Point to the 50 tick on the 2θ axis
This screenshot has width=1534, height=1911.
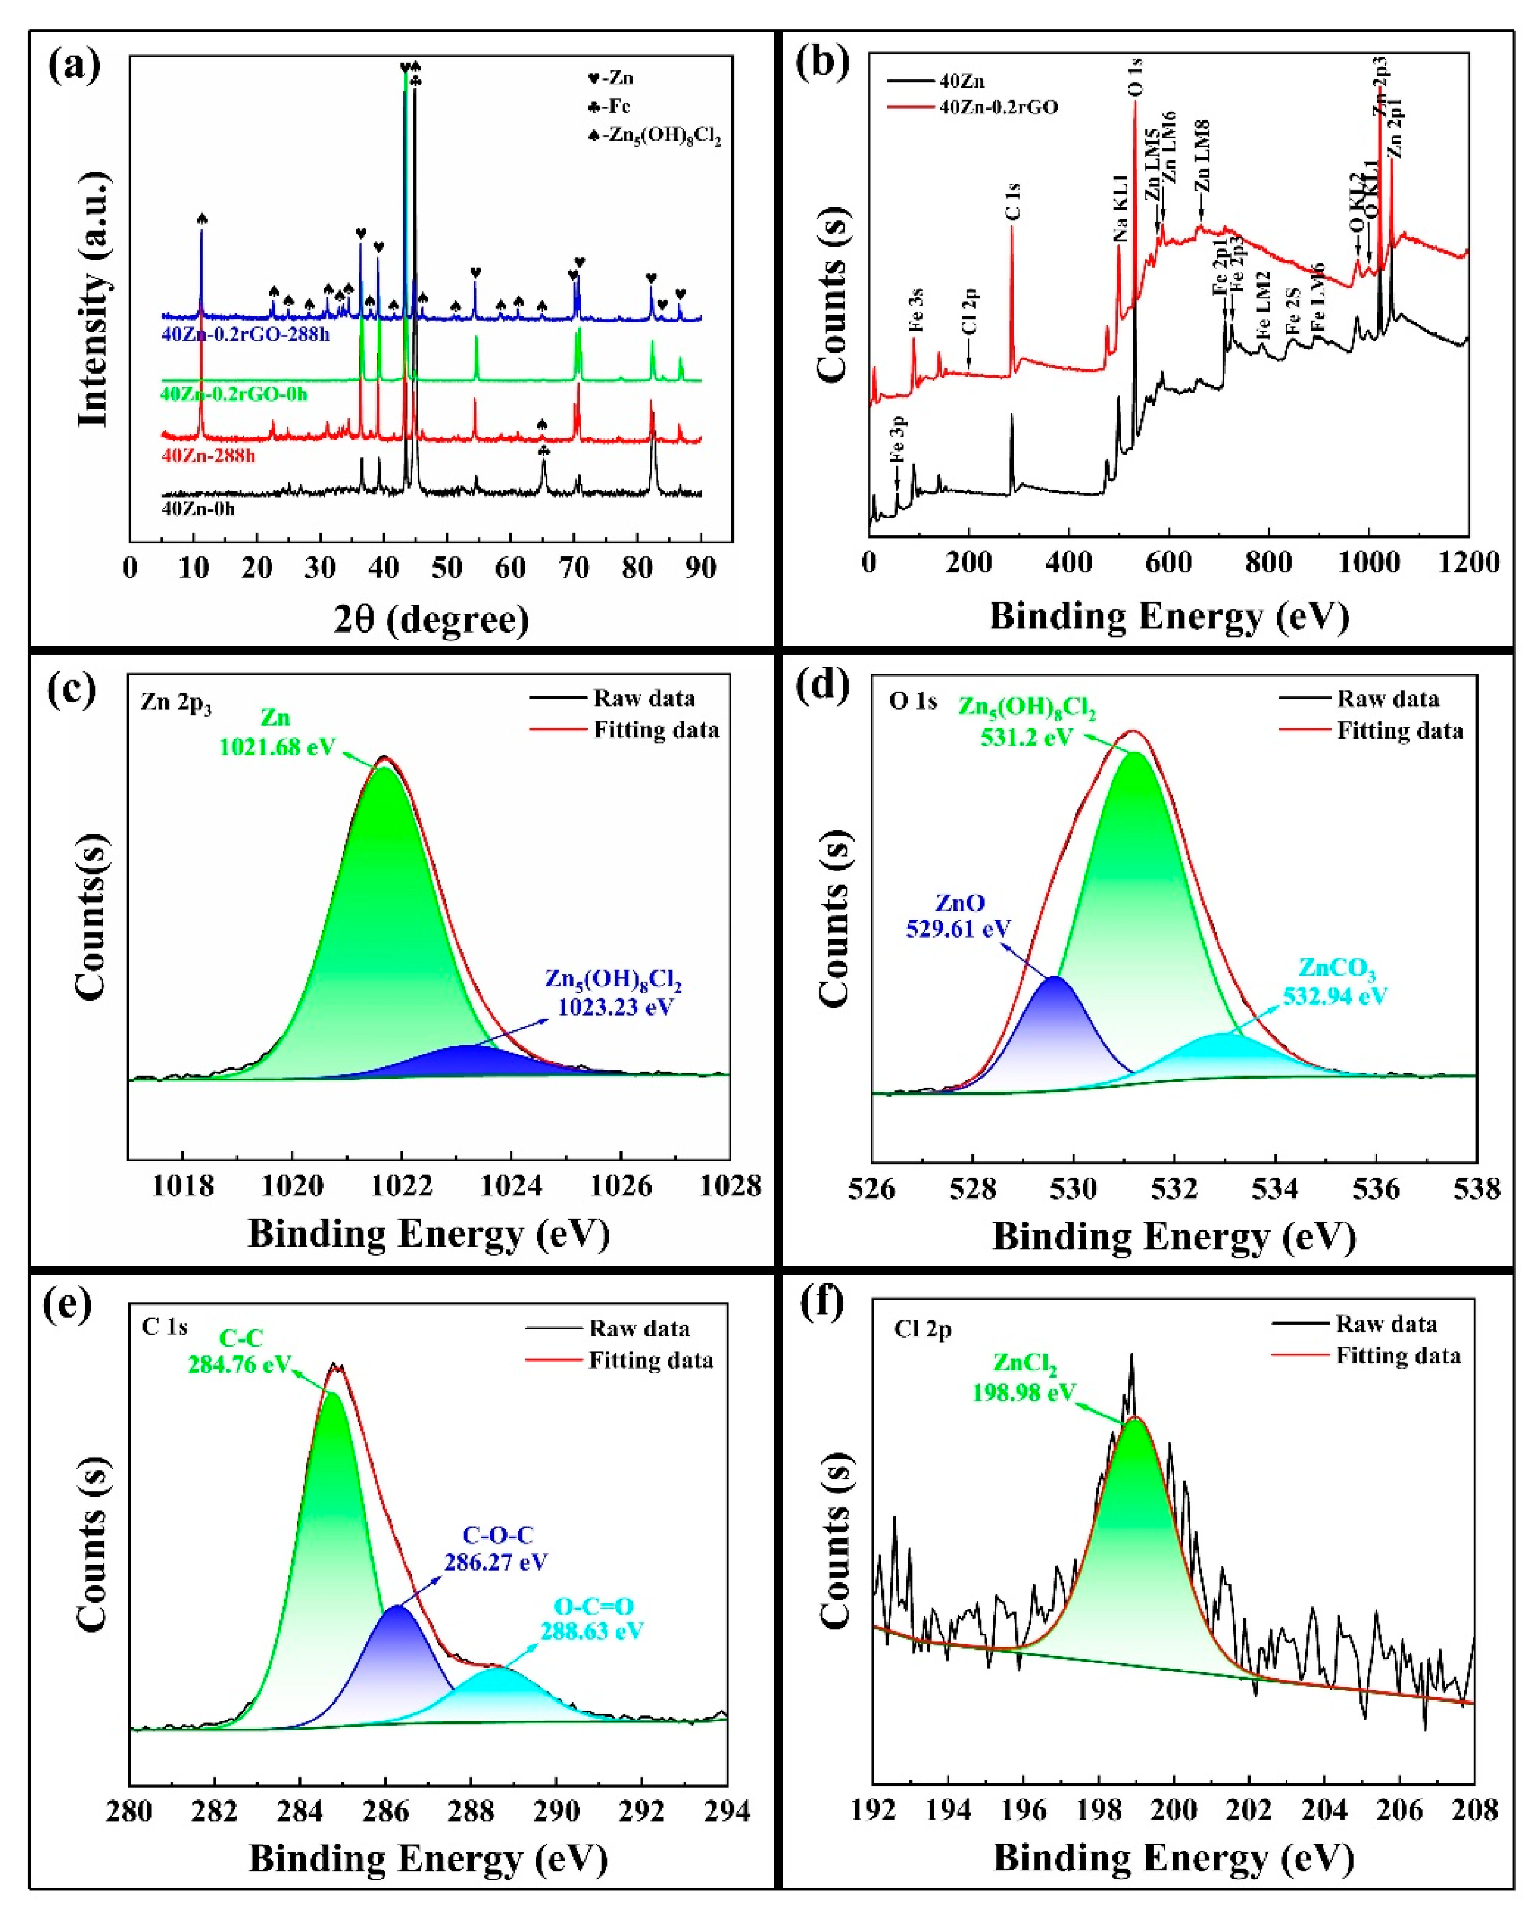pos(447,567)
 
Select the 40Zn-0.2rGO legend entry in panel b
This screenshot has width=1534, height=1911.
pos(998,107)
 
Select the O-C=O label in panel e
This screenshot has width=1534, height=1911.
pos(593,1606)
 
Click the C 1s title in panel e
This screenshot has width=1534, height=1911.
pos(165,1327)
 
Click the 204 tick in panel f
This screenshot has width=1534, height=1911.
pos(1324,1810)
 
